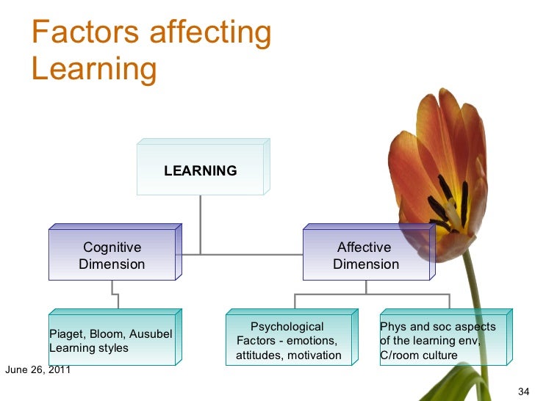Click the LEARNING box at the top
coord(200,170)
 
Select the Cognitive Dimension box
coord(112,256)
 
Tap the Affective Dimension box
coord(365,256)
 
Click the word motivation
coord(315,355)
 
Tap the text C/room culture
coord(418,355)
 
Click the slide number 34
coord(523,389)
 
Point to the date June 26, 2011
coord(37,369)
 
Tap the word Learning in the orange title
coord(94,70)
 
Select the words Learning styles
coord(88,348)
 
